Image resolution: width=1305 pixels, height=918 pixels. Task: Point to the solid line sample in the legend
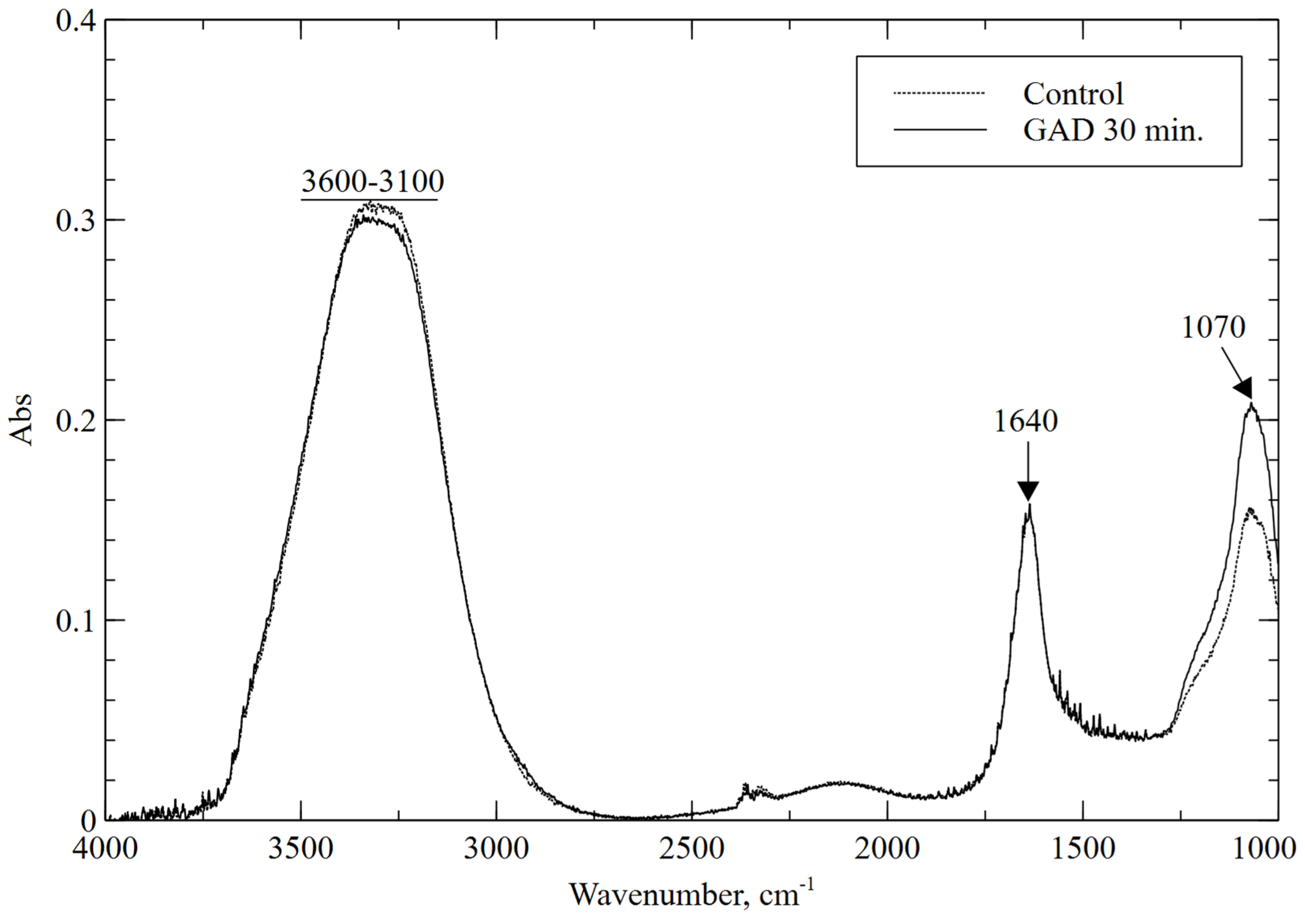[940, 130]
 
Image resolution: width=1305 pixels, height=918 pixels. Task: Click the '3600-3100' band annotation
[372, 182]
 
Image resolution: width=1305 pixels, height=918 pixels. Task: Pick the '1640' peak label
[1025, 422]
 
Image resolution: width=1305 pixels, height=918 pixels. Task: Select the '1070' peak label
[1214, 327]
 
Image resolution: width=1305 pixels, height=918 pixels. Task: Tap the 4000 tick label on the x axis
[106, 849]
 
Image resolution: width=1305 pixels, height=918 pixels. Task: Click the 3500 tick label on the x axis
[301, 849]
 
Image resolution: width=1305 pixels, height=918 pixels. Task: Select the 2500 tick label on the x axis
[691, 849]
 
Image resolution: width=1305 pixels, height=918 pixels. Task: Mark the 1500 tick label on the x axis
[1082, 849]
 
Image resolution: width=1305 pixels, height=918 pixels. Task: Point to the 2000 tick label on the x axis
[887, 849]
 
